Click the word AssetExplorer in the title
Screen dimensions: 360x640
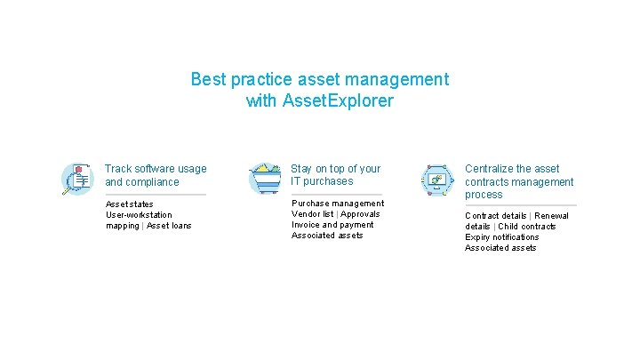point(337,100)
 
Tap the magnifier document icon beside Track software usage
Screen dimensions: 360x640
point(77,178)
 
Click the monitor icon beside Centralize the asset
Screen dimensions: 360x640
point(437,179)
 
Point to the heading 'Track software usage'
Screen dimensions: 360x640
point(155,169)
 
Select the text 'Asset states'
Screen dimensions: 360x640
point(130,204)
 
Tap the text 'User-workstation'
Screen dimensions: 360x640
point(139,215)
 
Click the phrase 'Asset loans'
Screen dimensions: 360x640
point(169,226)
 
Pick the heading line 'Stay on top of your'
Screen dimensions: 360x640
point(335,169)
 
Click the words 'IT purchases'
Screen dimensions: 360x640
point(322,181)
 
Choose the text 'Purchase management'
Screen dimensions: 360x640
point(338,204)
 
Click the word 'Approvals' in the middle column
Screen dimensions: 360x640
point(360,214)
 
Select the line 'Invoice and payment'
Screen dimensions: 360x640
point(332,225)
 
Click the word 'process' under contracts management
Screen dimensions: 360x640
point(484,195)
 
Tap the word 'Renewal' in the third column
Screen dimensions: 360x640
point(551,216)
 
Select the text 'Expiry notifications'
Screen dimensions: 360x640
point(501,237)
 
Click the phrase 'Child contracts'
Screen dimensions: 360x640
point(527,227)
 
